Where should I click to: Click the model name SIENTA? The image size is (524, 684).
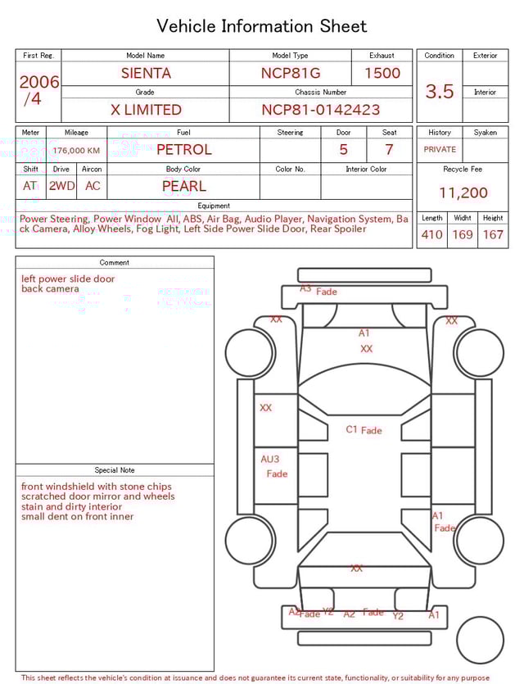146,73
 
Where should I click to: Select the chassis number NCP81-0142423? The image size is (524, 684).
320,110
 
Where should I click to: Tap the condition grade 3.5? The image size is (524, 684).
439,92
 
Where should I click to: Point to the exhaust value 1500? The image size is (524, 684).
382,73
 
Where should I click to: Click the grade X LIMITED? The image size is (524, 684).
146,110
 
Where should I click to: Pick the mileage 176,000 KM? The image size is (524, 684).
76,151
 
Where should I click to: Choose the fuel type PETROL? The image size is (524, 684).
183,150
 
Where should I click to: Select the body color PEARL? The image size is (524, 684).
183,186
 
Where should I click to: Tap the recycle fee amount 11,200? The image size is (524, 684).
463,193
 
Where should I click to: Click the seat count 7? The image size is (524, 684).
389,150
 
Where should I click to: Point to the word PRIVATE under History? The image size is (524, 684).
440,150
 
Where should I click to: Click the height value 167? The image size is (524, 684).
493,235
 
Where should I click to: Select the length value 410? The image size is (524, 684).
431,235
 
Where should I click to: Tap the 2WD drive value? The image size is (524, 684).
61,186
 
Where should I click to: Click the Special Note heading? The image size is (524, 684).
115,470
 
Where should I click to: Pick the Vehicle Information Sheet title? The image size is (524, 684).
262,26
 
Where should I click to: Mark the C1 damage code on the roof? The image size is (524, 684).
352,429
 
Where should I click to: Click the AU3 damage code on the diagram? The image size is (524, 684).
269,460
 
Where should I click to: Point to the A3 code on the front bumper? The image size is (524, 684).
305,288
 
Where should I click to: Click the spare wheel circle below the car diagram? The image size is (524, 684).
480,641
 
